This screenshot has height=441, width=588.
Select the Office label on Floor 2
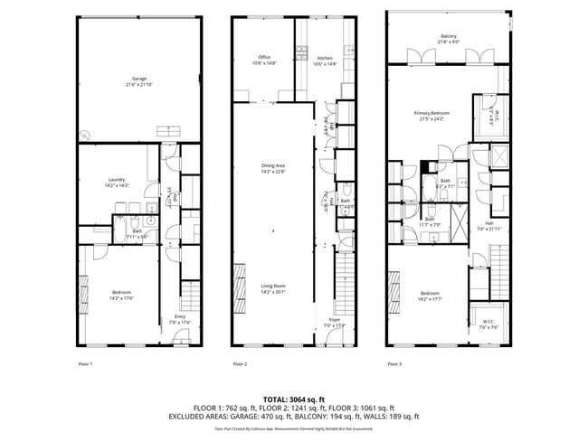(264, 61)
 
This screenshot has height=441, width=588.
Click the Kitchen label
(325, 61)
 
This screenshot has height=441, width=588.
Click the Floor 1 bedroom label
(121, 295)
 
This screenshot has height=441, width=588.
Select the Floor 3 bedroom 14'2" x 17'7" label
(430, 295)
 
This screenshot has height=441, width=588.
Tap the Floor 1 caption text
(86, 363)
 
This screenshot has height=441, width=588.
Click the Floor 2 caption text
(240, 363)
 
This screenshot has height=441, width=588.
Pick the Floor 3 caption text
(394, 363)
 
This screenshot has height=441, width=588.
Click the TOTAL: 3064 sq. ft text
(293, 399)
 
